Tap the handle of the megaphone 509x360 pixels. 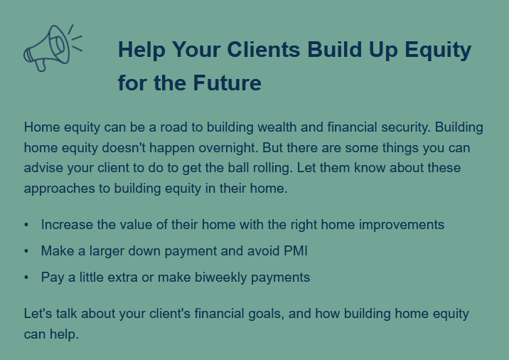(x=41, y=65)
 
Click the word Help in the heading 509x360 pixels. (x=141, y=50)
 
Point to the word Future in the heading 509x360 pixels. (x=227, y=83)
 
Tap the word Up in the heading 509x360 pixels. (x=383, y=50)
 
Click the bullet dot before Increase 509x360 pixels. (x=26, y=225)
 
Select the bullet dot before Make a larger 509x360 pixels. (x=26, y=251)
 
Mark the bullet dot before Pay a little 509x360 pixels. (x=26, y=277)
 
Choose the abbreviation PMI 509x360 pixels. (x=296, y=251)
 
